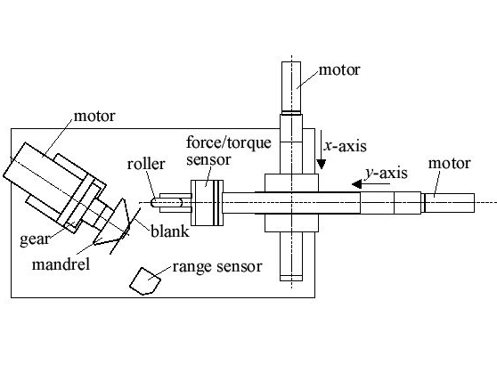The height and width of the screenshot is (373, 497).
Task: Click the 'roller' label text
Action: [x=146, y=164]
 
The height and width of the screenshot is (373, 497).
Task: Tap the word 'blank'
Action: [x=170, y=231]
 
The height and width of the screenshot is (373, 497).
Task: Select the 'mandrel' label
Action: [x=61, y=264]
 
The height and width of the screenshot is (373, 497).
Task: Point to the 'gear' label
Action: [x=35, y=239]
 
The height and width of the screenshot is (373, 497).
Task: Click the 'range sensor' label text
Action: [x=217, y=266]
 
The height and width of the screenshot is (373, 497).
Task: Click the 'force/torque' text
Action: [x=229, y=143]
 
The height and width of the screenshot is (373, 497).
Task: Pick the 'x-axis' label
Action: [x=345, y=146]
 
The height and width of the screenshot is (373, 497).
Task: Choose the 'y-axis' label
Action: [x=386, y=174]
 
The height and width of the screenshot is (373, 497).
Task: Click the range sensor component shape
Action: [x=145, y=281]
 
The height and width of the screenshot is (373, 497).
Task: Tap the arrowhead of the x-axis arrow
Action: [x=321, y=164]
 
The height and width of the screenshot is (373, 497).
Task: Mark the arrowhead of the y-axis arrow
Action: [x=357, y=183]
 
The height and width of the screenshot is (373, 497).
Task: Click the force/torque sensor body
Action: [x=207, y=203]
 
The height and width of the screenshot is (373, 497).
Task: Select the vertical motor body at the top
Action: [x=291, y=87]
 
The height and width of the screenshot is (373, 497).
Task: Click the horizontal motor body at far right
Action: [x=450, y=203]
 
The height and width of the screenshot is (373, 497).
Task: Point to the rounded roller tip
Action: [x=154, y=202]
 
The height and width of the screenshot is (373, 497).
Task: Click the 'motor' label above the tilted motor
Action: [x=94, y=116]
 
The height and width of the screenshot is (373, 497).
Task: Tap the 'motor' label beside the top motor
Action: [x=339, y=69]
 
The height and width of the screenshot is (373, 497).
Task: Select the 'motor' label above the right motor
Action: [x=449, y=164]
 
